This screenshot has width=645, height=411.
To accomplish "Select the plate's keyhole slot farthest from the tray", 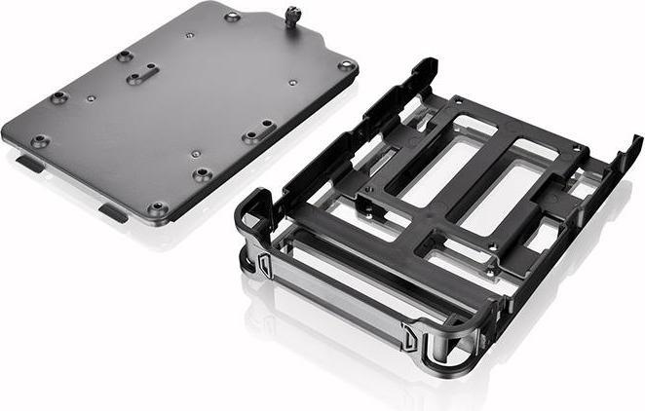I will pyautogui.click(x=144, y=72).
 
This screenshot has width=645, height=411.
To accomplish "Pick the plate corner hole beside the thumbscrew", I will pyautogui.click(x=232, y=17).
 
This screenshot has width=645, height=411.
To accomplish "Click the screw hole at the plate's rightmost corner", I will pyautogui.click(x=345, y=66).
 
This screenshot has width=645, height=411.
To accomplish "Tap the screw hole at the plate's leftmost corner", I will pyautogui.click(x=39, y=141).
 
